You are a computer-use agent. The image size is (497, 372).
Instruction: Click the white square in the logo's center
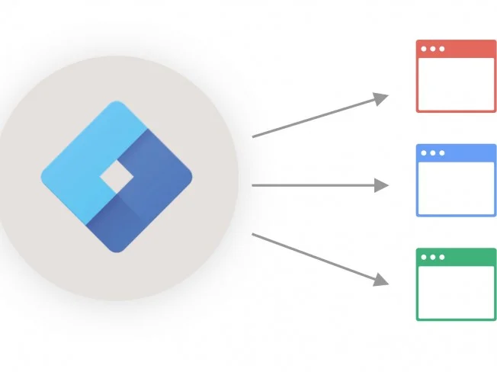point(117,177)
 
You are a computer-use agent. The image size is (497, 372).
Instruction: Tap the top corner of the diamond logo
point(117,104)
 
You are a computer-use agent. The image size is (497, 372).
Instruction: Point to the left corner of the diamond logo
point(43,177)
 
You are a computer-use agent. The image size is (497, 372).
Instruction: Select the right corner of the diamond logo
point(190,177)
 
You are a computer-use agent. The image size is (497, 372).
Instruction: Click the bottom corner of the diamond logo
point(117,249)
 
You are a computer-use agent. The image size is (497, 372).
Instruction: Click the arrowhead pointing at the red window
point(382,98)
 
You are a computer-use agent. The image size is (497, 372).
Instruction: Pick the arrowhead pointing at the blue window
point(382,185)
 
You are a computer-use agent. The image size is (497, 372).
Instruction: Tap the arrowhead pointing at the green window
point(382,280)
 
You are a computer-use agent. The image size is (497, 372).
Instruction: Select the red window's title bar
point(465,49)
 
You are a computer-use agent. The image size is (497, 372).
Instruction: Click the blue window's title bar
point(465,152)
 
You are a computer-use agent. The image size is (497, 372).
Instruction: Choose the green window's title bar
point(465,257)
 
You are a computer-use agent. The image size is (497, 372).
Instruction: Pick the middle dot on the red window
point(433,49)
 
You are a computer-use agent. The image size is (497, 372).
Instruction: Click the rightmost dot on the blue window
point(441,152)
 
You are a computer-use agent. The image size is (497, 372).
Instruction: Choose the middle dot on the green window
point(433,257)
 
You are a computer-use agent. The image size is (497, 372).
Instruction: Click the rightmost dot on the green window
point(441,257)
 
